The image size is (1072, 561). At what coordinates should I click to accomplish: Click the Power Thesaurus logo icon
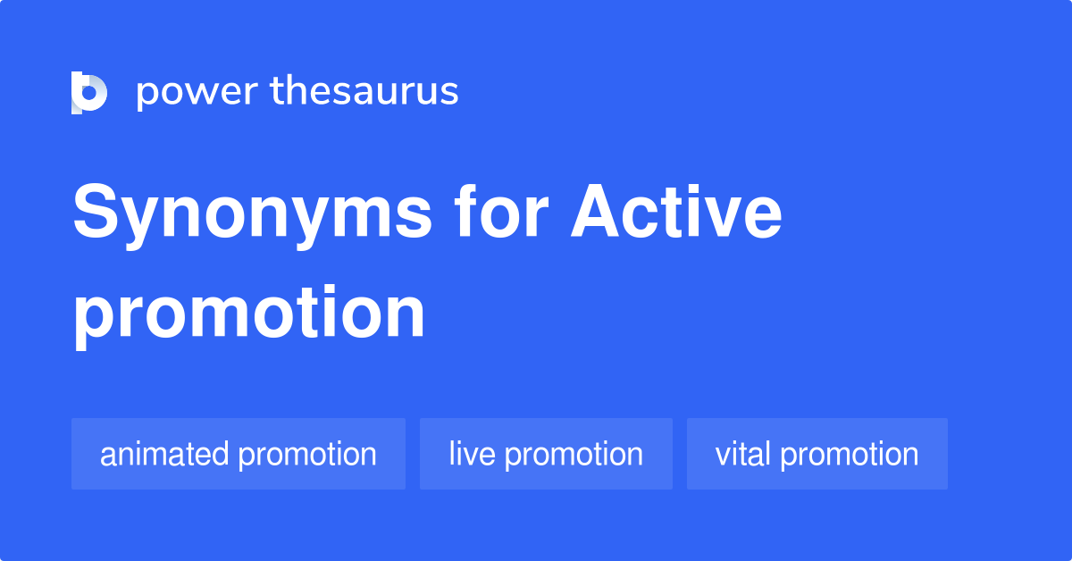tap(88, 92)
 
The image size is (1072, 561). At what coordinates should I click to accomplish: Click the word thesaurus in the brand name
tap(364, 92)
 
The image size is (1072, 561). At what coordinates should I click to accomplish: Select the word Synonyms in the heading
tap(253, 215)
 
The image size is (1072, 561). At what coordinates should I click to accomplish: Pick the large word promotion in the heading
tap(249, 313)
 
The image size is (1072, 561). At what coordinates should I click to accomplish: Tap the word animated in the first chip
tap(164, 454)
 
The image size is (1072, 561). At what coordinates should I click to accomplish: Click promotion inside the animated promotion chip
tap(307, 454)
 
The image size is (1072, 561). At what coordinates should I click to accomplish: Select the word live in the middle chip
tap(472, 454)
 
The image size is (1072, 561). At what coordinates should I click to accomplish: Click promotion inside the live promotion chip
tap(574, 454)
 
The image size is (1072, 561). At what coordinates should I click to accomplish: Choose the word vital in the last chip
tap(743, 454)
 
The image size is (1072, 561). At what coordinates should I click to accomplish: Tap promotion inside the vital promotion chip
tap(850, 454)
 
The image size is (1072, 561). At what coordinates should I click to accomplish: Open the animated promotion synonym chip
tap(239, 454)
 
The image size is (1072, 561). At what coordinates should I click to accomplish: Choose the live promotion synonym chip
tap(546, 454)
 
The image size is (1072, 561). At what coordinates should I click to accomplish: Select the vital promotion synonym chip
tap(817, 454)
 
